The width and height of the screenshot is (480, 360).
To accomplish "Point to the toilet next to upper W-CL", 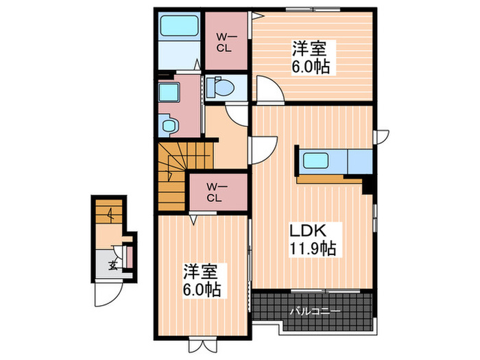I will [222, 88].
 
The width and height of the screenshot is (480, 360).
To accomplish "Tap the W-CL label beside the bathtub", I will [225, 42].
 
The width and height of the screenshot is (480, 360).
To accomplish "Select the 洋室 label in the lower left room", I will [196, 272].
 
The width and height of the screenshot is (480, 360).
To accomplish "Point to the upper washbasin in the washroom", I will [168, 93].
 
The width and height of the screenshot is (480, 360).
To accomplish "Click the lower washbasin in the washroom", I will [168, 125].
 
